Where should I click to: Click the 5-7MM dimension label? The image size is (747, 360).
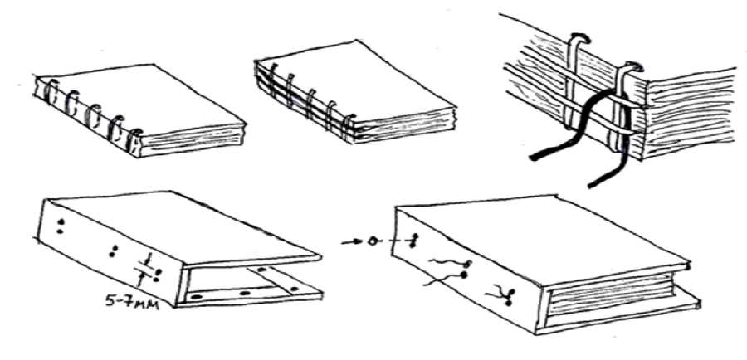click(131, 301)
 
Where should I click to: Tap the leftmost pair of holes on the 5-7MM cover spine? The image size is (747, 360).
click(60, 226)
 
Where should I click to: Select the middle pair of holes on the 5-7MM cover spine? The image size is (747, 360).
click(113, 251)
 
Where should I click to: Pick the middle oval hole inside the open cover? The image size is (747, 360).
click(245, 293)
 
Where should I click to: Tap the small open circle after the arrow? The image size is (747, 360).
click(372, 241)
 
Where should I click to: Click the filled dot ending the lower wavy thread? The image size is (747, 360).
click(463, 275)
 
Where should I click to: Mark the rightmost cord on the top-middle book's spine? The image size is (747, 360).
click(349, 128)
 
